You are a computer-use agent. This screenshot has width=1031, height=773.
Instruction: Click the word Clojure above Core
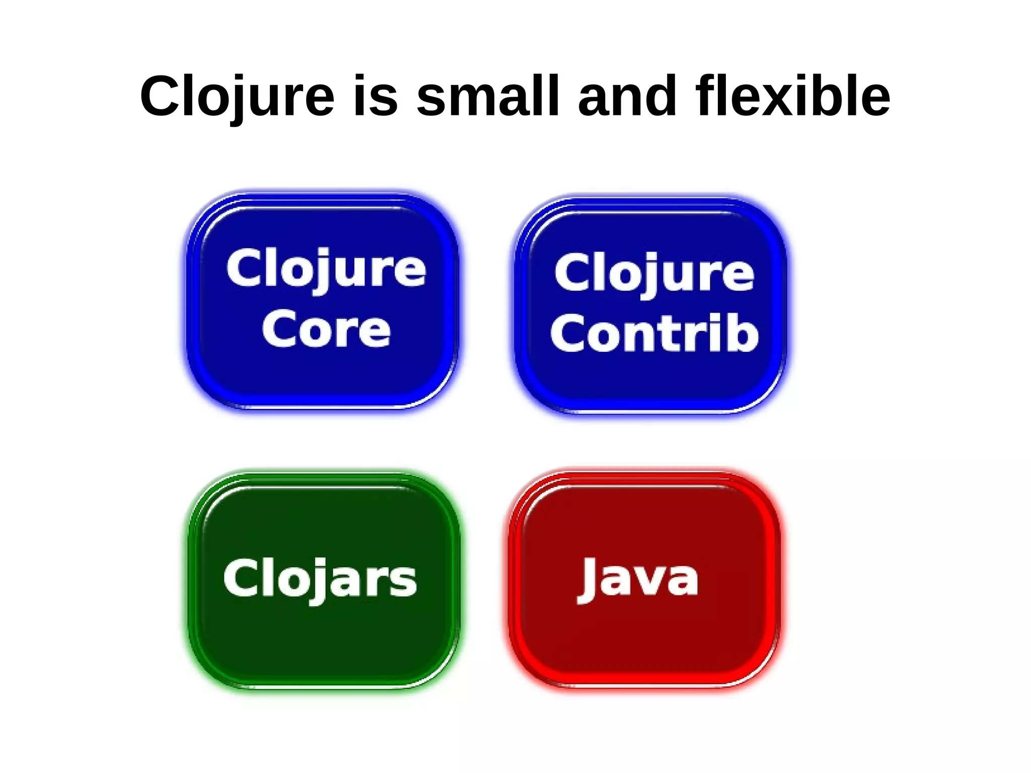[x=326, y=269]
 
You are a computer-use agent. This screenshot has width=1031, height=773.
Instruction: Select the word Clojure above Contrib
[x=654, y=273]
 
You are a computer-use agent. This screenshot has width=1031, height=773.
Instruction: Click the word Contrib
[x=654, y=333]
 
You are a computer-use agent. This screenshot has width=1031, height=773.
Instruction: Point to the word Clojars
[x=320, y=579]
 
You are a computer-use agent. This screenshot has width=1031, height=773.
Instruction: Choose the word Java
[x=638, y=579]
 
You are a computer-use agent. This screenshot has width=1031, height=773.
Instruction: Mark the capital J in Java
[x=588, y=579]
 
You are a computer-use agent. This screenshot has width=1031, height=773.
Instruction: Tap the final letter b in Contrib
[x=745, y=333]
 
